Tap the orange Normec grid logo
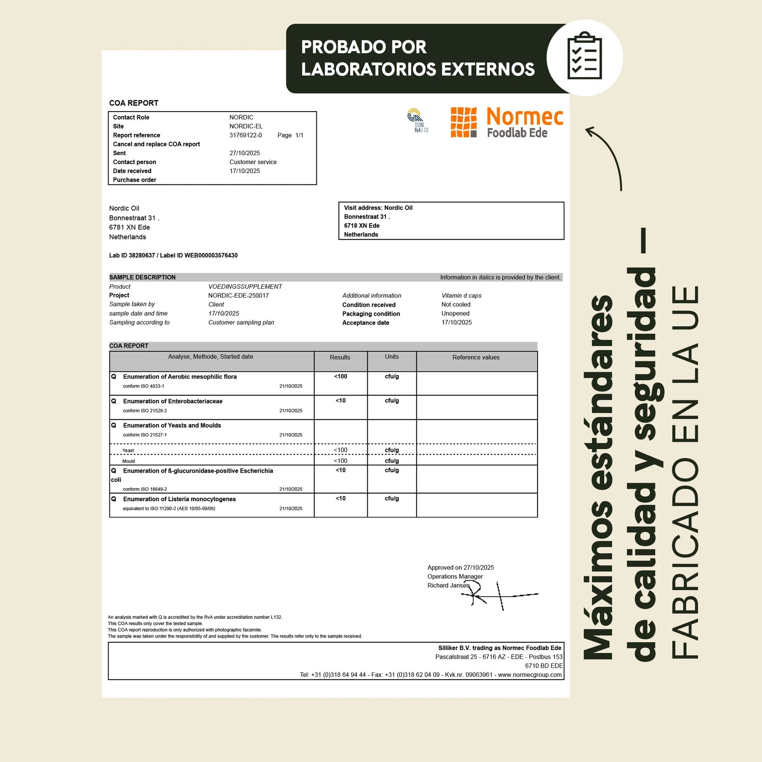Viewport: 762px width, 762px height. tap(464, 122)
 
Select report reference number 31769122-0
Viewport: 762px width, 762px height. tap(246, 135)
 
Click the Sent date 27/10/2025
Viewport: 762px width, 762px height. tap(244, 153)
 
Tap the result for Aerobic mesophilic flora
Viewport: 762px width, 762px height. tap(340, 376)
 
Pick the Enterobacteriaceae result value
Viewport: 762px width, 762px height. tap(340, 401)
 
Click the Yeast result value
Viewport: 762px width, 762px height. tap(340, 450)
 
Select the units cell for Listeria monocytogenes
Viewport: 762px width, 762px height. tap(392, 498)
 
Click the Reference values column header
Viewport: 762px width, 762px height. tap(476, 358)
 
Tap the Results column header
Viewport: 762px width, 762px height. tap(339, 358)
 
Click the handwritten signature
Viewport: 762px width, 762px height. tap(499, 595)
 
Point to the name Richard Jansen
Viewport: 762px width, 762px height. tap(448, 586)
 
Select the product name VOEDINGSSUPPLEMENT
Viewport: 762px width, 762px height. tap(245, 287)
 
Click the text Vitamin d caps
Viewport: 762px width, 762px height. tap(461, 296)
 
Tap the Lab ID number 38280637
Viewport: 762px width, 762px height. tap(142, 256)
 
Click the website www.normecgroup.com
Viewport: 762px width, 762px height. tap(529, 675)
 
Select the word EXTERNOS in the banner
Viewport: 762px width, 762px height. tap(488, 69)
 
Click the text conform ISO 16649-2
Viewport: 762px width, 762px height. tap(145, 489)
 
